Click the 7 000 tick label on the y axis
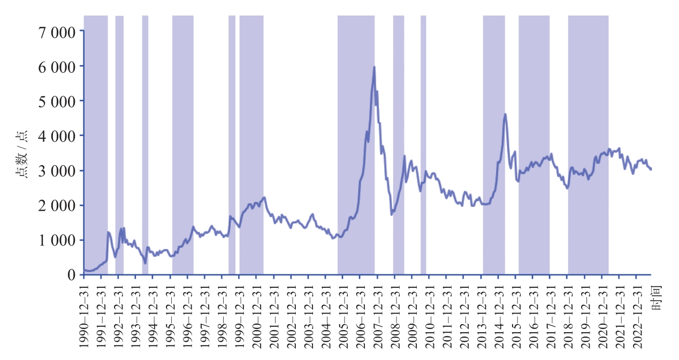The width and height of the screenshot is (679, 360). [x=57, y=31]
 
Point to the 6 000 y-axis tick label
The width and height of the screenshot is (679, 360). [x=57, y=66]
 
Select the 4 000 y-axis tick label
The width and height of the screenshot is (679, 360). [x=57, y=135]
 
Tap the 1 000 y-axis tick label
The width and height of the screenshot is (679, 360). [x=57, y=240]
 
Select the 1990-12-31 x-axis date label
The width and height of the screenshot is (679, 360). [x=84, y=316]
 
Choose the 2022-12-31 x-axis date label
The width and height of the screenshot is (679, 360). [x=636, y=316]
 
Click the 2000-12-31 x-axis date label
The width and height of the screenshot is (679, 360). [x=256, y=316]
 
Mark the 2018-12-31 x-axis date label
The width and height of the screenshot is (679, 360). [x=567, y=316]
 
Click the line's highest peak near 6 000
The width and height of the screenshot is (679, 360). [x=374, y=67]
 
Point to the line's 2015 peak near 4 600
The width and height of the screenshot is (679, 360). [x=505, y=114]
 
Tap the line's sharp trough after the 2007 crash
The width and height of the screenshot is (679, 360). [x=392, y=214]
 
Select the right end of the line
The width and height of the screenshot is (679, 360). [x=651, y=169]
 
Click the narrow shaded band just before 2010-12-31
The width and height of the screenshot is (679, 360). [x=423, y=144]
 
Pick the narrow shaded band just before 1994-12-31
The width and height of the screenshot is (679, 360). [x=145, y=144]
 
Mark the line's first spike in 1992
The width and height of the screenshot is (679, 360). [x=109, y=232]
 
